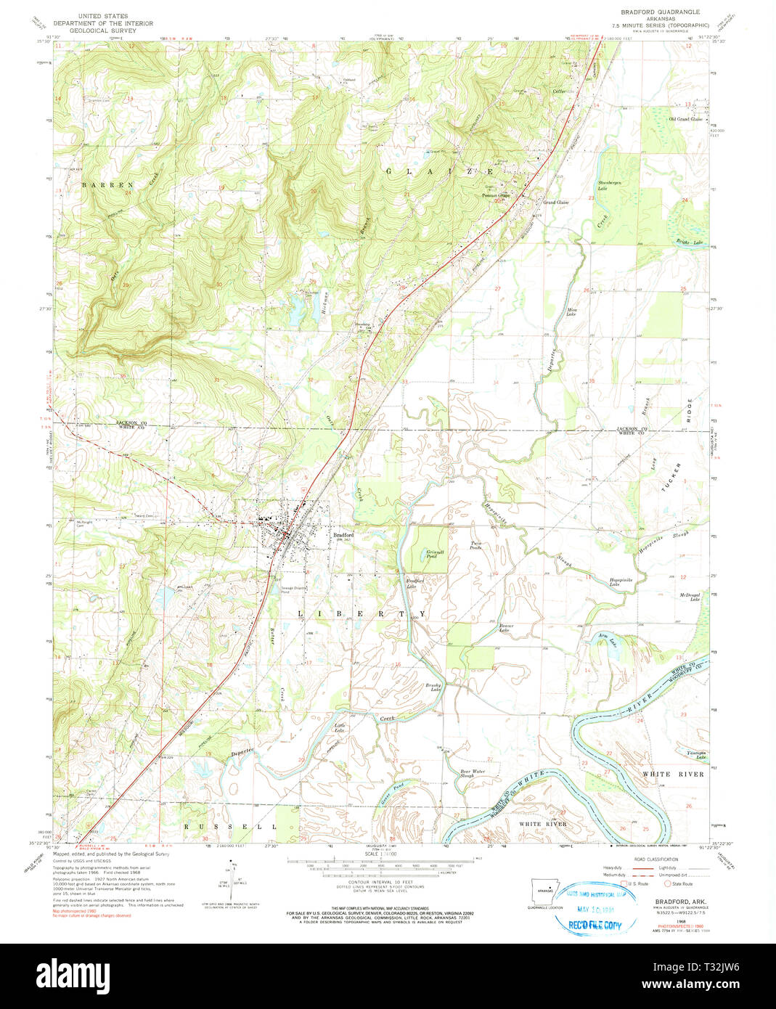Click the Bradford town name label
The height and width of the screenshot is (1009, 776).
343,535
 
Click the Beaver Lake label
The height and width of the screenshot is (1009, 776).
506,627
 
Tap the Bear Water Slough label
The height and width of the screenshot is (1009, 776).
473,773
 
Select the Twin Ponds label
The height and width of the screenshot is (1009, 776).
476,545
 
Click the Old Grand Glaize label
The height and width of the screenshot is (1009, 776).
685,119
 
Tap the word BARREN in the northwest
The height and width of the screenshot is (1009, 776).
97,185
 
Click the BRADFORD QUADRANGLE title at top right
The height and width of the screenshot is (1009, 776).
659,12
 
